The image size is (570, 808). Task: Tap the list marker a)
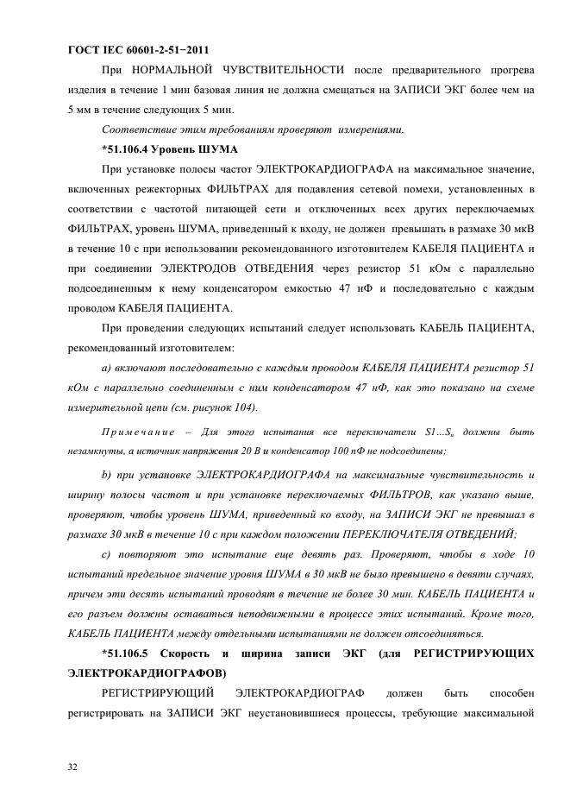(x=107, y=369)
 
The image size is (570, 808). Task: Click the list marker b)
(x=107, y=476)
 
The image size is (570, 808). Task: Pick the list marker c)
(x=106, y=555)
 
